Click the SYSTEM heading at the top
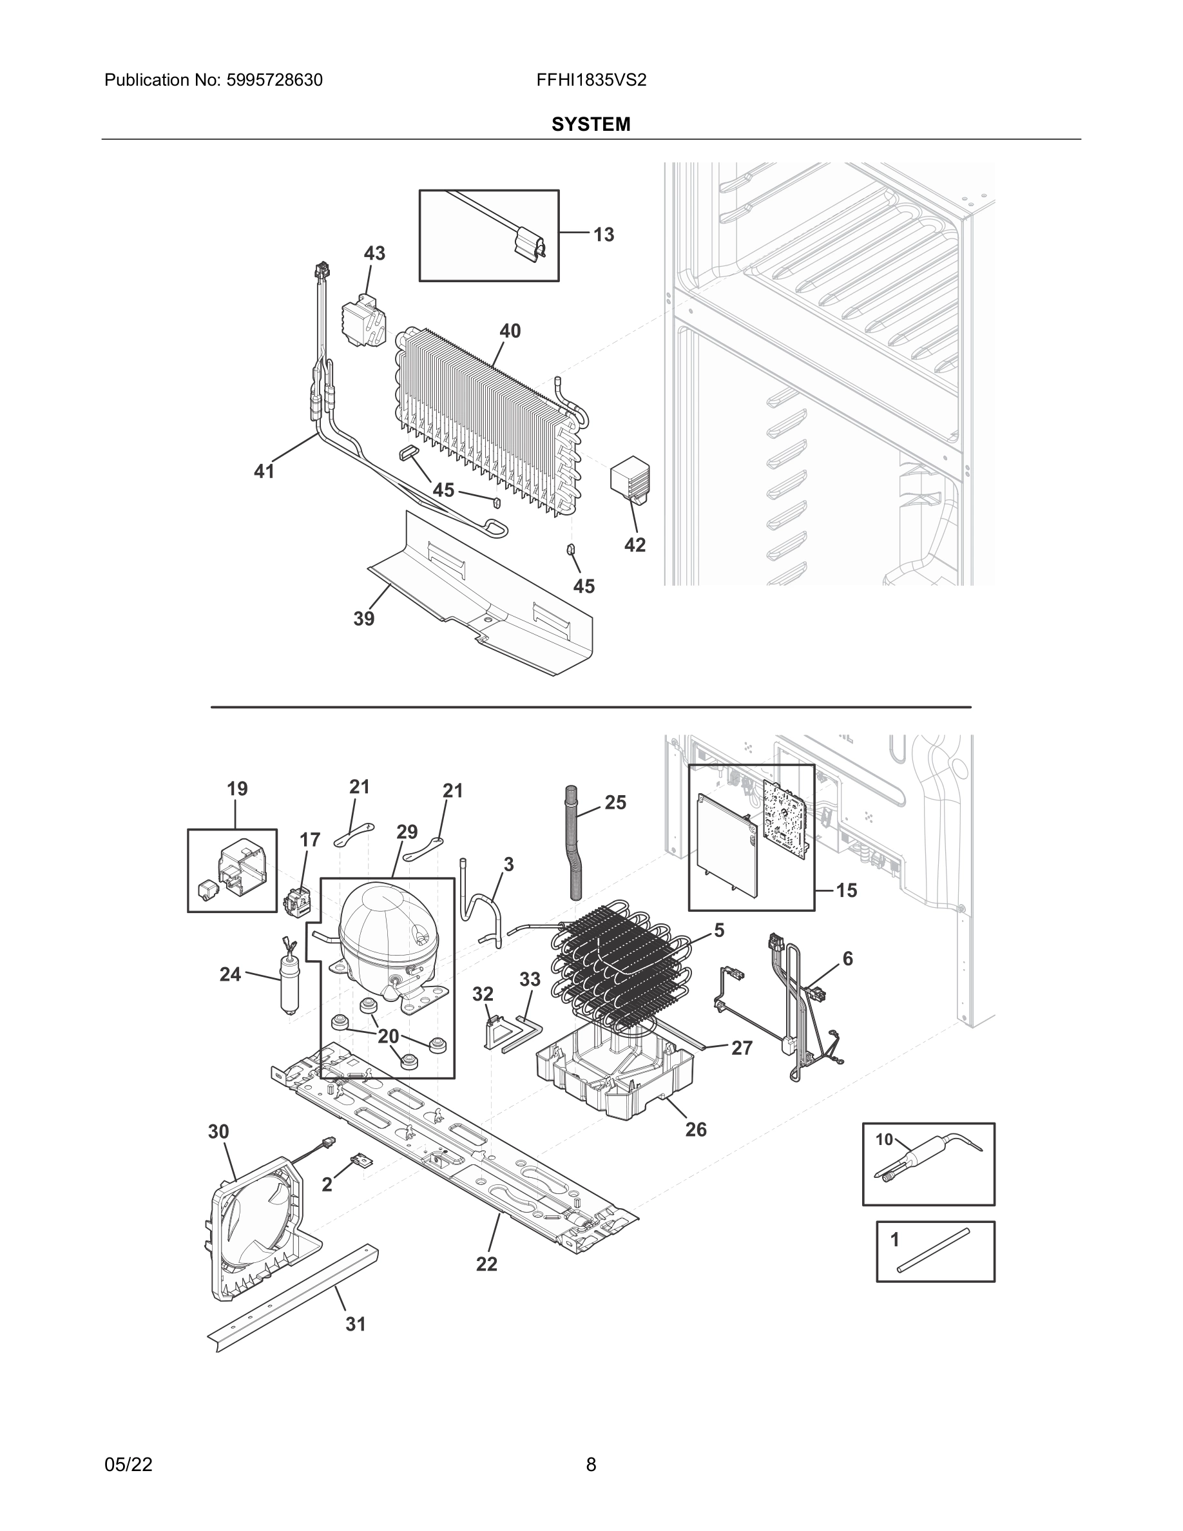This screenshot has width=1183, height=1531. click(591, 124)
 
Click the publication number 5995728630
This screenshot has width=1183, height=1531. click(274, 80)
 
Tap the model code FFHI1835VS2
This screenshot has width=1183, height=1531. click(591, 80)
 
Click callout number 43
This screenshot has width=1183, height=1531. click(374, 253)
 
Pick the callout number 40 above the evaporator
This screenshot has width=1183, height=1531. click(510, 331)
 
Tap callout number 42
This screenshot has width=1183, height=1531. click(634, 544)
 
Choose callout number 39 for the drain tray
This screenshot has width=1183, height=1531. click(364, 619)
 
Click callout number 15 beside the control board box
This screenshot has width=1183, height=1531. click(847, 891)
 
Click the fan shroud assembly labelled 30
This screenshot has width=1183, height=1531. click(256, 1227)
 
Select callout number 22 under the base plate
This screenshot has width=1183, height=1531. click(486, 1264)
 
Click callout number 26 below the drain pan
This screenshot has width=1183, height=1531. click(695, 1130)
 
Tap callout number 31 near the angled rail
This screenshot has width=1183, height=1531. click(355, 1324)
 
